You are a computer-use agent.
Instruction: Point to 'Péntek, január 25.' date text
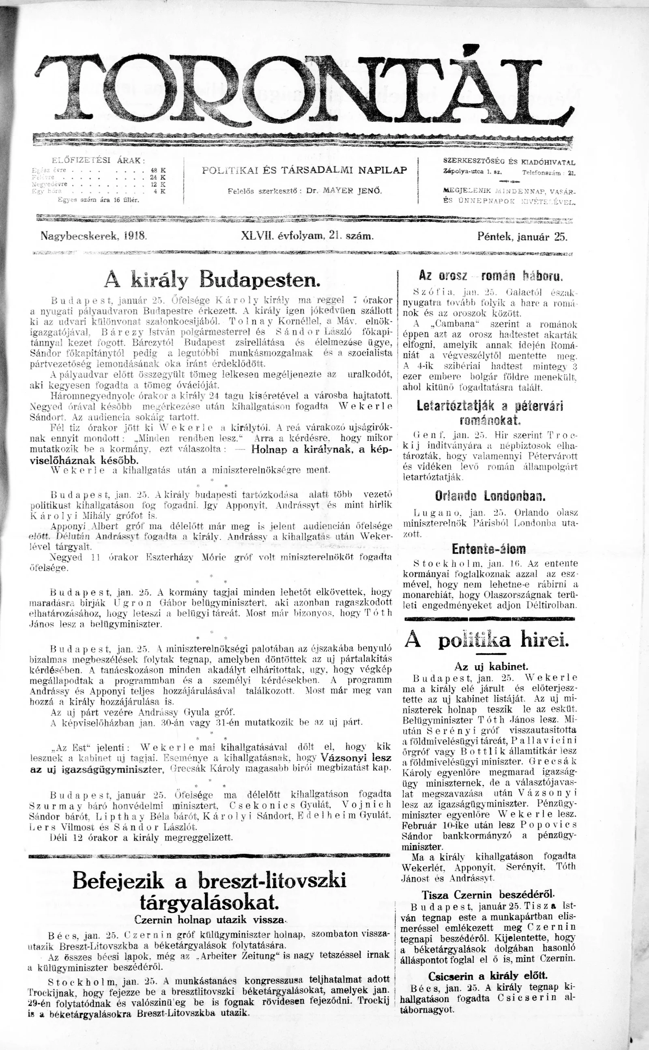[522, 237]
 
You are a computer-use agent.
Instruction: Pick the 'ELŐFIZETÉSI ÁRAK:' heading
[98, 161]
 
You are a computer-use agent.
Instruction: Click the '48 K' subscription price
[159, 170]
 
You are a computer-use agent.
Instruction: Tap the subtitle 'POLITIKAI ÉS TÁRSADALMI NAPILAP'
[304, 170]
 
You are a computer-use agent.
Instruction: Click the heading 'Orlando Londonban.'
[490, 497]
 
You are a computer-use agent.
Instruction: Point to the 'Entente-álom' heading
[488, 549]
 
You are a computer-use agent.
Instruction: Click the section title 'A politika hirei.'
[487, 641]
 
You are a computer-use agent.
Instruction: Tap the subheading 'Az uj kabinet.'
[491, 667]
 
